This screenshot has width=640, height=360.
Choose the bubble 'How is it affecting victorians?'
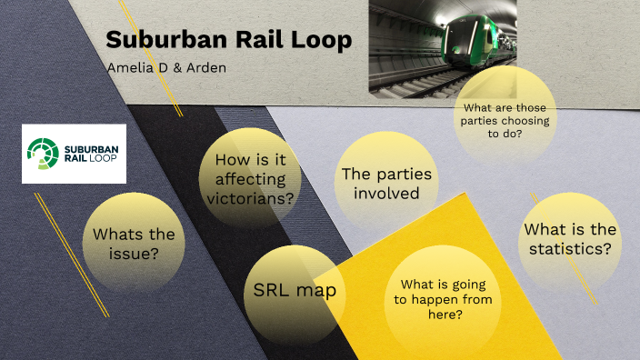tap(250, 180)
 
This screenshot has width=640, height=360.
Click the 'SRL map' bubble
tap(295, 292)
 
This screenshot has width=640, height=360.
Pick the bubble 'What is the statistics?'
tap(570, 239)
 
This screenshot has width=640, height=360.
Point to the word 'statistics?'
tap(570, 249)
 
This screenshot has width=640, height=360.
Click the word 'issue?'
tap(133, 255)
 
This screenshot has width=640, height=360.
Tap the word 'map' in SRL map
tap(318, 292)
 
